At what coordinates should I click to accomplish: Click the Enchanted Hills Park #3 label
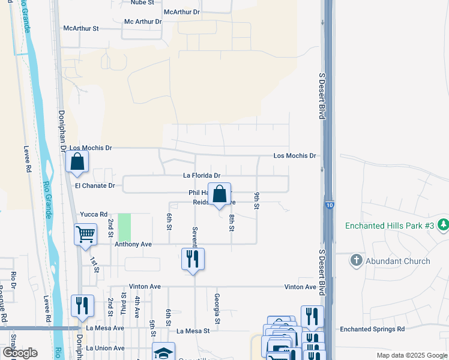pyautogui.click(x=388, y=226)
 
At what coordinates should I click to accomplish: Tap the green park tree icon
pyautogui.click(x=443, y=225)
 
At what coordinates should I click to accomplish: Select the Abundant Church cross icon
pyautogui.click(x=357, y=260)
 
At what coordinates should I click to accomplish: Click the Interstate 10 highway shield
pyautogui.click(x=330, y=205)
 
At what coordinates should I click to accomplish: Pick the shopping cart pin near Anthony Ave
pyautogui.click(x=85, y=234)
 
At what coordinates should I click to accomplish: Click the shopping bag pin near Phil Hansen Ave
pyautogui.click(x=220, y=194)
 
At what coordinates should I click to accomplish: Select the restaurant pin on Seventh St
pyautogui.click(x=193, y=259)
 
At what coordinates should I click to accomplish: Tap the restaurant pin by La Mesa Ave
pyautogui.click(x=82, y=306)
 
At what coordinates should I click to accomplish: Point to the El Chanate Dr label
pyautogui.click(x=95, y=186)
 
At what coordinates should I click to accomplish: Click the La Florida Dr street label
pyautogui.click(x=202, y=176)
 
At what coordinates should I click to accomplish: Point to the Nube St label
pyautogui.click(x=143, y=2)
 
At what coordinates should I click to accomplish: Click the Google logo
pyautogui.click(x=20, y=353)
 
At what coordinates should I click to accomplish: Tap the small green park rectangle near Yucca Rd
pyautogui.click(x=124, y=228)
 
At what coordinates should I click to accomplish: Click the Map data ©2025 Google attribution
pyautogui.click(x=411, y=355)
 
